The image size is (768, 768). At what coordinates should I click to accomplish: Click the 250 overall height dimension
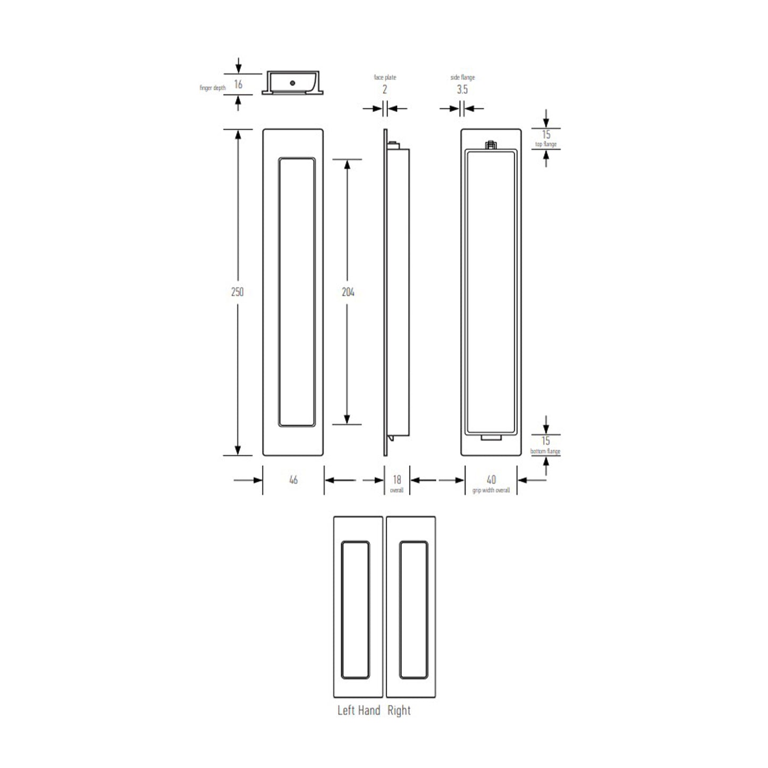coord(237,292)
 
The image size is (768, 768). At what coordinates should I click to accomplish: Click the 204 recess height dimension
coord(348,292)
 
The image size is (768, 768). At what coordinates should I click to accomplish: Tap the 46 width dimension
coord(293,480)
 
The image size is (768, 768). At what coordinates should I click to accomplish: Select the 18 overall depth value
coord(397,480)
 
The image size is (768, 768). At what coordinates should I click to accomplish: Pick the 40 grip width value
coord(491,480)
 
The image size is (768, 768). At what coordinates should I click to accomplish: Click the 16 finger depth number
coord(238,85)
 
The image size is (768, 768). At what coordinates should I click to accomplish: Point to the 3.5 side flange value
coord(462,89)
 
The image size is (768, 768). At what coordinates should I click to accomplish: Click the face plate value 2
coord(385,89)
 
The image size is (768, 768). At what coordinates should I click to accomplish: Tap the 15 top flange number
coord(546,134)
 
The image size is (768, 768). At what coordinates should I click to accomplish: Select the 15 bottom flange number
coord(546,441)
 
